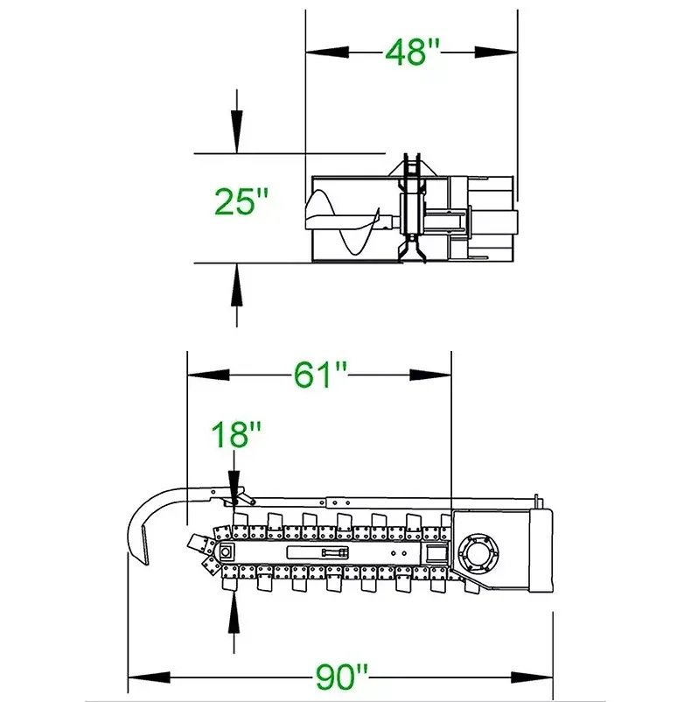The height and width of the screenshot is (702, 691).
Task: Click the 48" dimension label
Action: tap(412, 53)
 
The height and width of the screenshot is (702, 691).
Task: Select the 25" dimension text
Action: tap(241, 201)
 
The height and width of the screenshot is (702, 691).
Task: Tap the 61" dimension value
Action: tap(320, 375)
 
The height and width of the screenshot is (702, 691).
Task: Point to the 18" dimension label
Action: tap(235, 434)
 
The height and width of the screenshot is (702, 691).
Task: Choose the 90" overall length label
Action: tap(342, 677)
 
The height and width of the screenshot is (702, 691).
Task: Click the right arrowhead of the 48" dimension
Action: tap(496, 53)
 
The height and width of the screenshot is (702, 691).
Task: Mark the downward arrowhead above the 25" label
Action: tap(236, 131)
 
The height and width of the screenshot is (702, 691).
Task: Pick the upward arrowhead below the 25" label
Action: tap(236, 285)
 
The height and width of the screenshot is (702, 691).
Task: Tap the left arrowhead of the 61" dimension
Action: tap(208, 375)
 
